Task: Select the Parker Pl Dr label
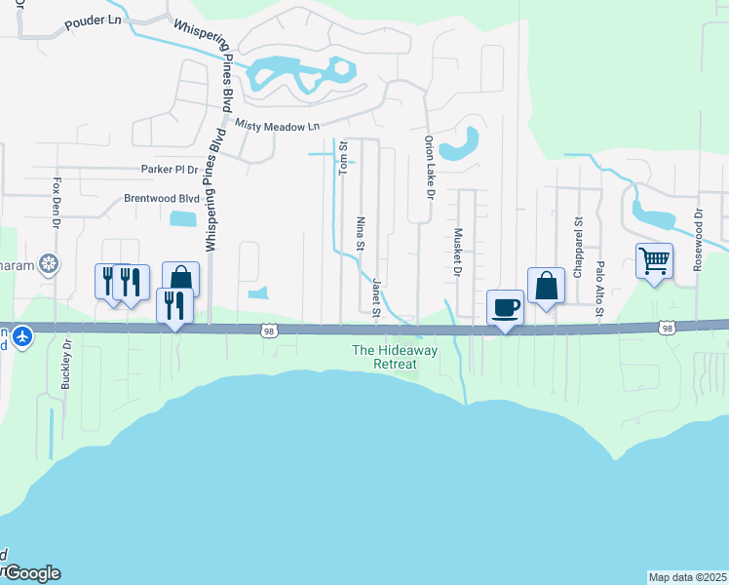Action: point(170,169)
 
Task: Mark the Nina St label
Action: point(360,233)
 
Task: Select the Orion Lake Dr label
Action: point(428,166)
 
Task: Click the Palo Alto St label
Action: point(600,289)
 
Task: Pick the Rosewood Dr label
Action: point(698,239)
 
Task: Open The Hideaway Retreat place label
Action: point(384,357)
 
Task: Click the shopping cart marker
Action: point(655,260)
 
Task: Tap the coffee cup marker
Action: point(506,308)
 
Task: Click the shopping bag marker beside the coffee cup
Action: point(547,286)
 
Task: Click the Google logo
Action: point(31,572)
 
